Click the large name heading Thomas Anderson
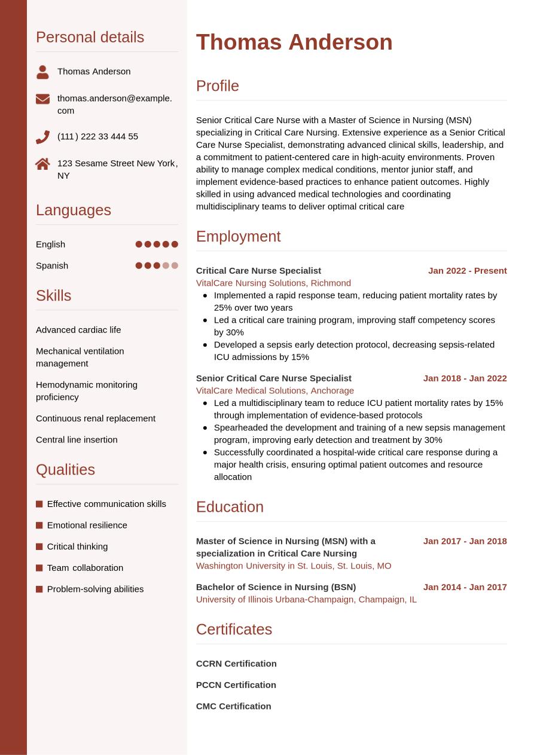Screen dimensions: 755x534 pyautogui.click(x=294, y=42)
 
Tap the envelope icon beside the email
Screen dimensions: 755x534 pyautogui.click(x=42, y=99)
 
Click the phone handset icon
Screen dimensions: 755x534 pyautogui.click(x=42, y=137)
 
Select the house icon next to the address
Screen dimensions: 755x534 pyautogui.click(x=42, y=164)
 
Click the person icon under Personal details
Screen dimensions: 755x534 pyautogui.click(x=42, y=72)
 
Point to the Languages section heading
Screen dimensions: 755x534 pyautogui.click(x=74, y=210)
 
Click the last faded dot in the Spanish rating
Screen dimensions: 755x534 pyautogui.click(x=175, y=265)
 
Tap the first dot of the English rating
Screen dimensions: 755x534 pyautogui.click(x=139, y=244)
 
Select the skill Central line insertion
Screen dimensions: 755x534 pyautogui.click(x=77, y=439)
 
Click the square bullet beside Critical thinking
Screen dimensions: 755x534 pyautogui.click(x=39, y=546)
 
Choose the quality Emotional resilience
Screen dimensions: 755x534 pyautogui.click(x=87, y=525)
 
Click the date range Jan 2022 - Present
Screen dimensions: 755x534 pyautogui.click(x=467, y=271)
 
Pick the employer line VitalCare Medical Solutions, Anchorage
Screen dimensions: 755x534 pyautogui.click(x=275, y=390)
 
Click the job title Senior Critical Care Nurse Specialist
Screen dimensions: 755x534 pyautogui.click(x=273, y=378)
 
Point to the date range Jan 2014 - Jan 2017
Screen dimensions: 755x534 pyautogui.click(x=465, y=587)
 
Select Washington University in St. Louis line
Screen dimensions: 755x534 pyautogui.click(x=294, y=566)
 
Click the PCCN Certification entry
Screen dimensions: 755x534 pyautogui.click(x=236, y=684)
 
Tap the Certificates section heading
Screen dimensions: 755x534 pyautogui.click(x=234, y=629)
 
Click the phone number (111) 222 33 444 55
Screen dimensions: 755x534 pyautogui.click(x=97, y=136)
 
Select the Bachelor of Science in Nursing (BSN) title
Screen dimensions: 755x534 pyautogui.click(x=276, y=587)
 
